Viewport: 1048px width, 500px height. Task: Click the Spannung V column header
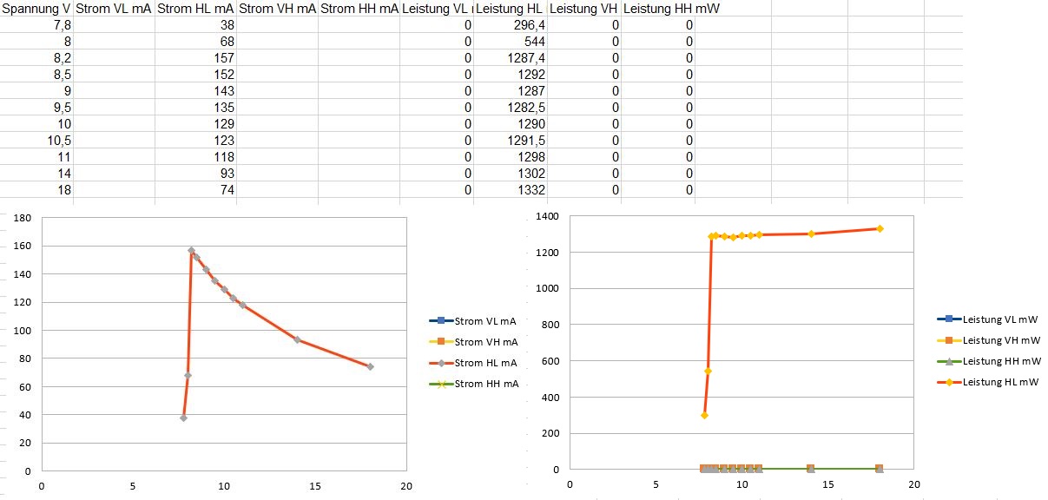36,9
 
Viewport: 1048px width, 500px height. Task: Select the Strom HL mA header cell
195,9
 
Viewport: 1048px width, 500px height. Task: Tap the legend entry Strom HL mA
485,363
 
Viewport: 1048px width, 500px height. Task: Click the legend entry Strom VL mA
485,321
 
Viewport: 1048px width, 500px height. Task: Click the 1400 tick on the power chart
547,216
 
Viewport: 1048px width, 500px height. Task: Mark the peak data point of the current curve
192,251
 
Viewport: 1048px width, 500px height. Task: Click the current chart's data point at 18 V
370,366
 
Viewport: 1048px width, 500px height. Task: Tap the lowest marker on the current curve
183,418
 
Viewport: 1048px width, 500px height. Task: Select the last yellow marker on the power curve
880,228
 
